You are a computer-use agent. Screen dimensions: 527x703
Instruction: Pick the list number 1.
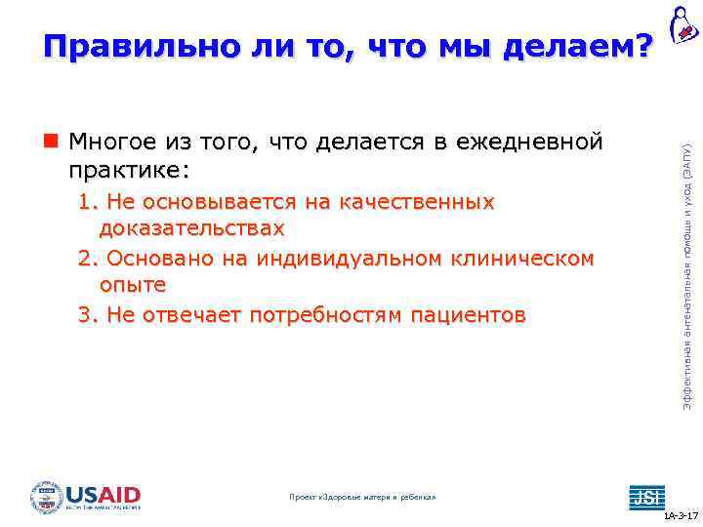(x=87, y=202)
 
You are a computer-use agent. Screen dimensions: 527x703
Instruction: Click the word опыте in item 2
(x=132, y=286)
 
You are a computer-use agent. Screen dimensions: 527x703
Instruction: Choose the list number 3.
(x=87, y=315)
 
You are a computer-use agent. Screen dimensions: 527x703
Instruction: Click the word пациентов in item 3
(x=469, y=315)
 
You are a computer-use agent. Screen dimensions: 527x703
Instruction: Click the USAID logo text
(x=103, y=494)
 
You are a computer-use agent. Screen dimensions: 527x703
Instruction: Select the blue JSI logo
(x=644, y=496)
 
